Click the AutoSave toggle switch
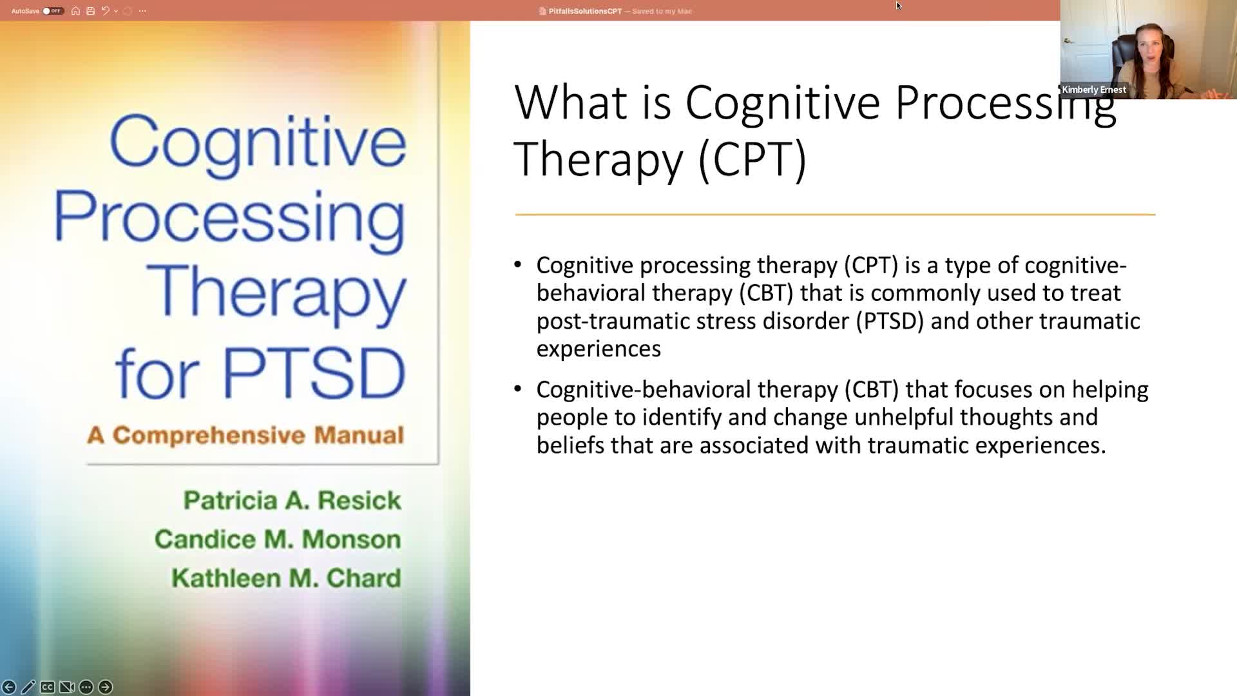point(53,11)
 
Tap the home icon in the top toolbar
point(75,11)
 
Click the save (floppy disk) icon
point(90,11)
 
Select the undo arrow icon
point(105,11)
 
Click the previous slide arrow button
point(9,687)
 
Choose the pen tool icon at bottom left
point(28,687)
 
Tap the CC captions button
point(47,687)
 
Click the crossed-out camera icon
point(66,687)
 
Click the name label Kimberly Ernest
point(1094,90)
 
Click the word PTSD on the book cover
point(314,374)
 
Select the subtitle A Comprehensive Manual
point(245,436)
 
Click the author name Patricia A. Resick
point(292,501)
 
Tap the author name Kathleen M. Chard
point(286,578)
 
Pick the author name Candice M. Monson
point(278,539)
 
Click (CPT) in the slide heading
point(753,159)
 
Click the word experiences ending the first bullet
point(599,349)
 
